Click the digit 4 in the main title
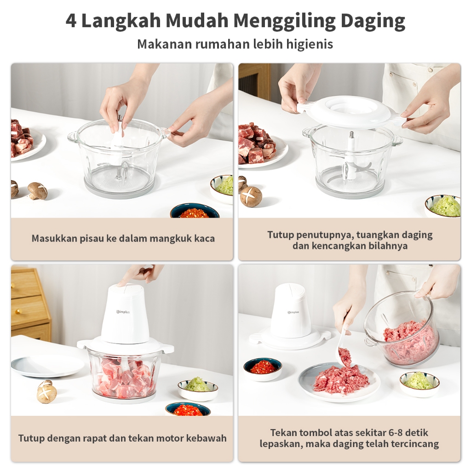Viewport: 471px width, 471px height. (x=71, y=21)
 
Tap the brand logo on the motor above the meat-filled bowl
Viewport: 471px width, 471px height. (x=123, y=312)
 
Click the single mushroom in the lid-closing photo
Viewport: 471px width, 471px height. (x=251, y=196)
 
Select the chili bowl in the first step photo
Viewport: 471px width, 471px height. (x=195, y=211)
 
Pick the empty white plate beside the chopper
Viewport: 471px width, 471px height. (x=48, y=366)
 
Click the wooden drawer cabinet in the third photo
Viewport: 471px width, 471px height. (x=29, y=304)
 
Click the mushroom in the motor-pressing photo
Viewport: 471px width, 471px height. (x=46, y=391)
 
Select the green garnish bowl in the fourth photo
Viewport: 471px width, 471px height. (x=419, y=383)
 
